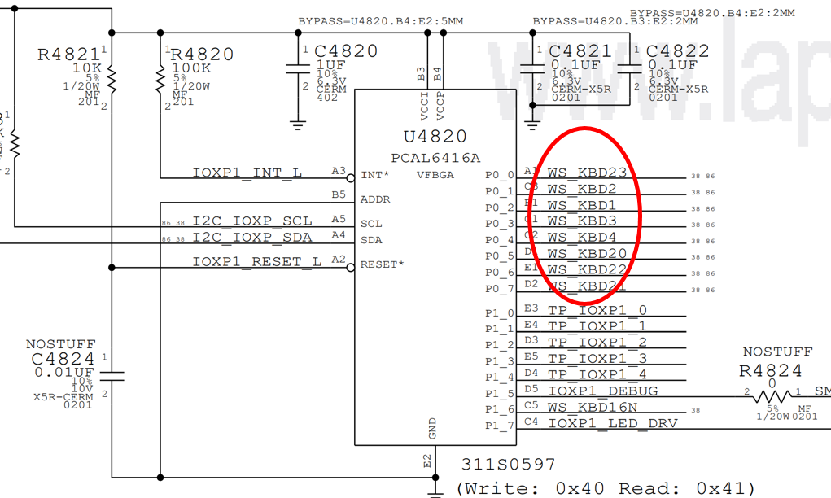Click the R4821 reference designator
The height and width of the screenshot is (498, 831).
tap(68, 55)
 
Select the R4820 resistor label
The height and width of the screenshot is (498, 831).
tap(203, 55)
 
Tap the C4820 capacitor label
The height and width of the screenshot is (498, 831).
tap(346, 51)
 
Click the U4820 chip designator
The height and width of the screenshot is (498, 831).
tap(435, 137)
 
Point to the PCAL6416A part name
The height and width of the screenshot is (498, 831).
tap(435, 158)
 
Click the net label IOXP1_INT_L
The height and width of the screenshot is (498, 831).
tap(247, 173)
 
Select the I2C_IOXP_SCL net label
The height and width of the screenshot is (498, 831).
tap(251, 221)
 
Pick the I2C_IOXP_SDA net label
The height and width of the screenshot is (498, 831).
tap(251, 238)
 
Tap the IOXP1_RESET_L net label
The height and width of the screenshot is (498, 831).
tap(257, 262)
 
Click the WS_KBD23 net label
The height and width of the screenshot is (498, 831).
tap(587, 173)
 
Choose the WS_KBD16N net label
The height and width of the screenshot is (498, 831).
tap(592, 407)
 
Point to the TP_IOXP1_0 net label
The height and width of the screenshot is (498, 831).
tap(597, 310)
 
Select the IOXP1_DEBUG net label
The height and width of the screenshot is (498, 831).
tap(602, 391)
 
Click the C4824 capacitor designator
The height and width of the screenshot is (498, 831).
tap(63, 358)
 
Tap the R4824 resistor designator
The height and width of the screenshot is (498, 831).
tap(770, 371)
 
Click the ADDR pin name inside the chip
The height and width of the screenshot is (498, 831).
tap(375, 199)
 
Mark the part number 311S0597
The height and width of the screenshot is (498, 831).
tap(508, 465)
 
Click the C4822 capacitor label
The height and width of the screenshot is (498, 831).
tap(678, 51)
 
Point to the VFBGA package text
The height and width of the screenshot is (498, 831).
tap(435, 175)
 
